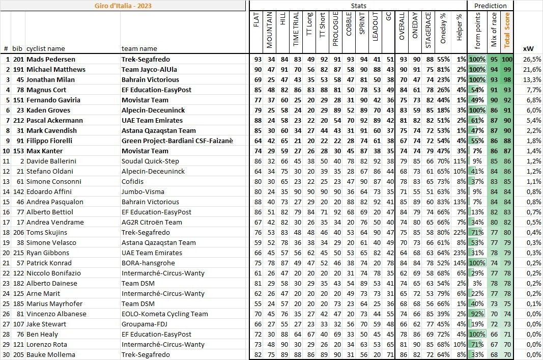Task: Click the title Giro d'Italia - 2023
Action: click(x=123, y=6)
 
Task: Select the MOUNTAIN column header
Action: click(x=269, y=30)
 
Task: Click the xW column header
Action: click(x=528, y=49)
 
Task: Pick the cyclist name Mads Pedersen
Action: click(x=50, y=59)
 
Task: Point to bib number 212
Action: click(x=18, y=120)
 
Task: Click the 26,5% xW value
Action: click(x=532, y=59)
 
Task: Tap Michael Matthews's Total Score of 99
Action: click(x=506, y=69)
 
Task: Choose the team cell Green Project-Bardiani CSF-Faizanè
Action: click(x=177, y=141)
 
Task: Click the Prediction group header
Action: click(x=490, y=6)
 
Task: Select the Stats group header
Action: click(x=358, y=6)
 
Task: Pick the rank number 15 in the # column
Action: click(x=6, y=202)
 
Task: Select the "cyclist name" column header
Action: click(x=46, y=49)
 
